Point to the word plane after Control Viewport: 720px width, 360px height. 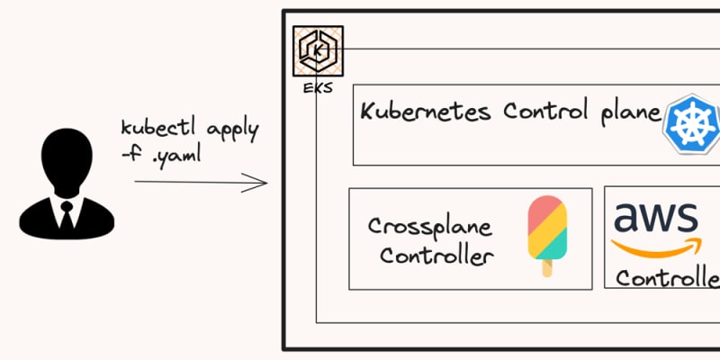point(629,113)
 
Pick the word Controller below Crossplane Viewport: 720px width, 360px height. point(436,256)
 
